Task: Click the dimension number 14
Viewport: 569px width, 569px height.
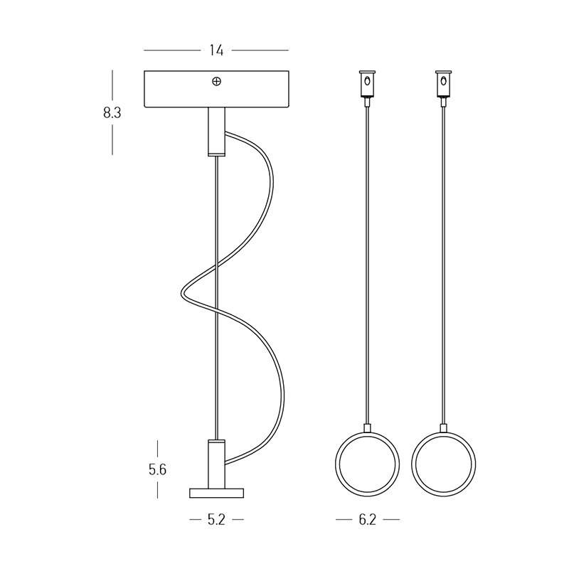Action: pos(216,50)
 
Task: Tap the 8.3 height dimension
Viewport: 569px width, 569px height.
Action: pos(112,113)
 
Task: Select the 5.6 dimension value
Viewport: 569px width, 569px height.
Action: pos(157,470)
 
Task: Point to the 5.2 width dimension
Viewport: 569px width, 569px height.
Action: pos(217,520)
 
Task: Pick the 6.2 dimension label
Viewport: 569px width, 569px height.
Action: pos(368,520)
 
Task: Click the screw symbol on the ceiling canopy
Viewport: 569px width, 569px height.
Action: pos(216,82)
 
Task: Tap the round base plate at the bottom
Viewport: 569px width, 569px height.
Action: pos(217,493)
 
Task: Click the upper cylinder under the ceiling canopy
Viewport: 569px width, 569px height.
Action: pos(216,132)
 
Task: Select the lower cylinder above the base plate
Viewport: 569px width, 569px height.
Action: pos(216,464)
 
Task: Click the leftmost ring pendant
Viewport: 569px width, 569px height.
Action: pos(336,464)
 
